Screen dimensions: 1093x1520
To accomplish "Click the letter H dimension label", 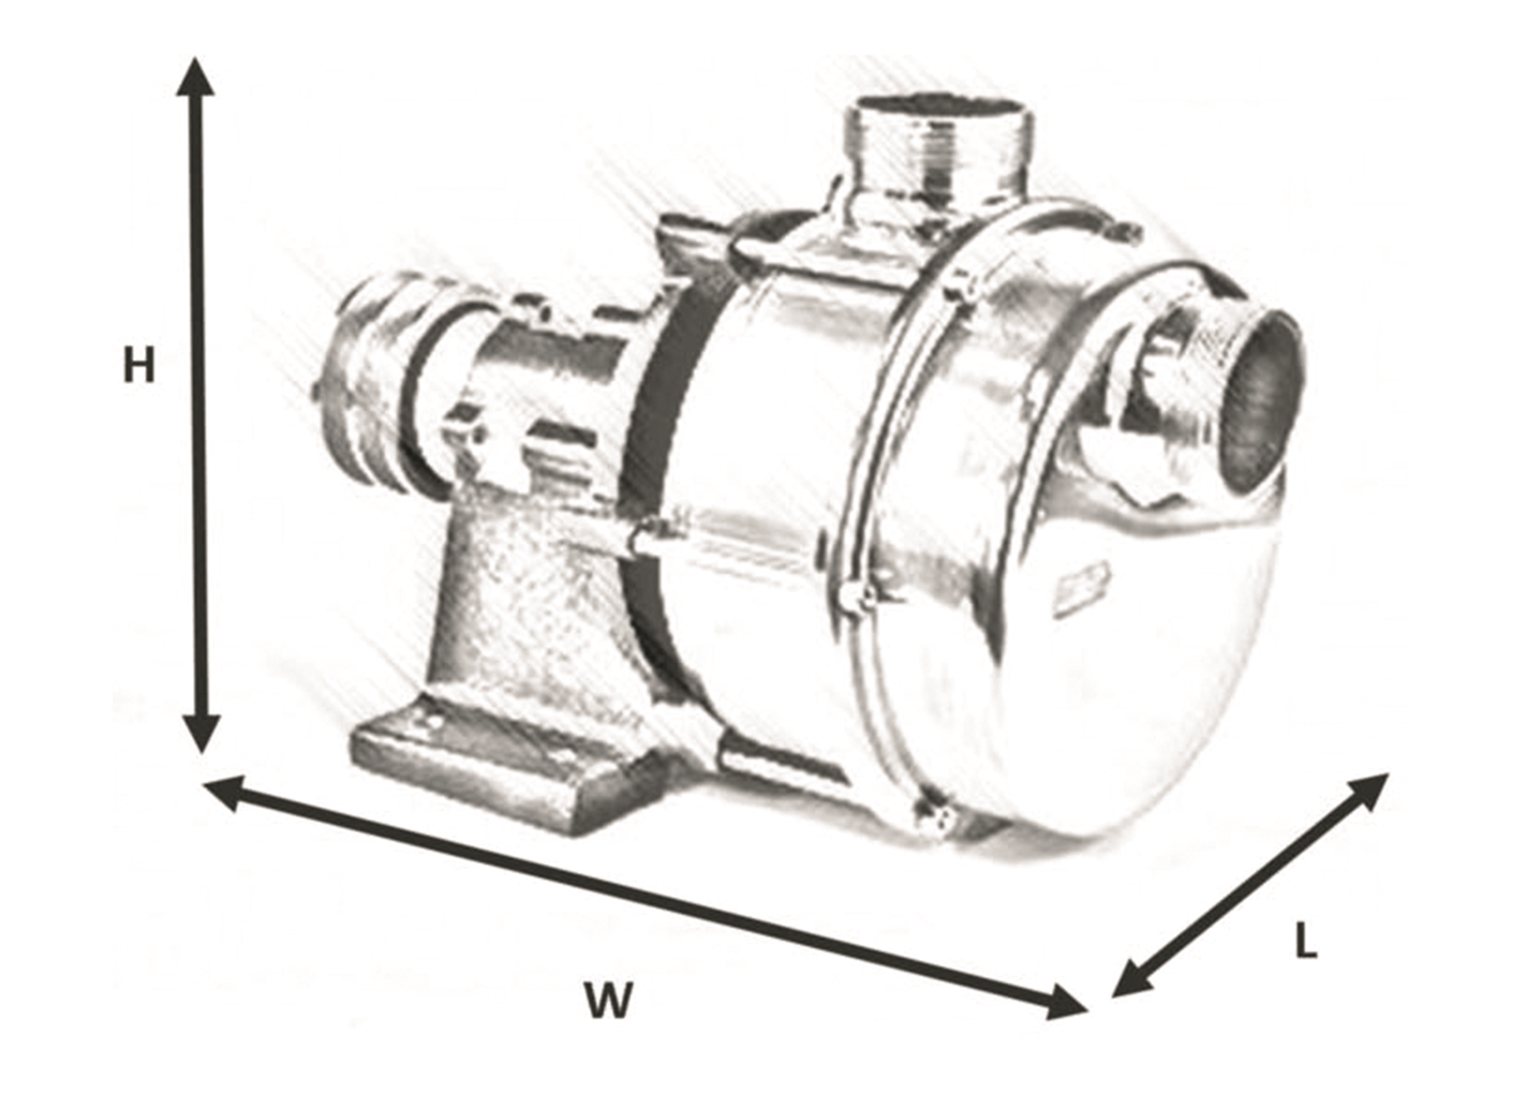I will pos(138,366).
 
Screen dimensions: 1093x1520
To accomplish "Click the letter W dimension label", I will pos(609,1001).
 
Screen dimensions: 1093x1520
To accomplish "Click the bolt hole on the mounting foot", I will pos(431,724).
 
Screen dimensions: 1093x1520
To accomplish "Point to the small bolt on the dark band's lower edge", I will pos(645,539).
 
